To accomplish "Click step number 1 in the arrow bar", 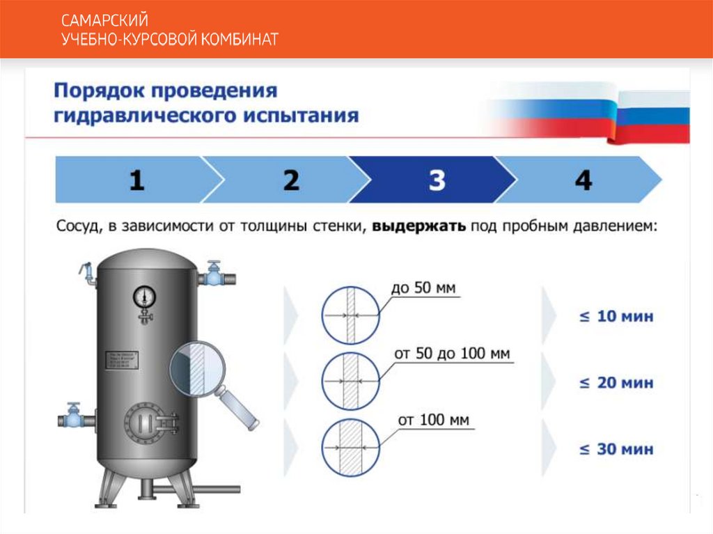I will coord(136,181).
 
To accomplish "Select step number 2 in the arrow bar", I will coord(291,181).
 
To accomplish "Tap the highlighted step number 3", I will coord(437,181).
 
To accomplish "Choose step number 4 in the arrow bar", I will coord(583,181).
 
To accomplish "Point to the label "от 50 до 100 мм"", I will coord(453,354).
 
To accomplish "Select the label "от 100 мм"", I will coord(433,421).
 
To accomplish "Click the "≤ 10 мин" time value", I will coord(617,317).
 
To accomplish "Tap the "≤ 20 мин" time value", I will coord(617,383).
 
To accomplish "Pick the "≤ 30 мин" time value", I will coord(617,449).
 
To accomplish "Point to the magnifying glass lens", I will coord(196,366).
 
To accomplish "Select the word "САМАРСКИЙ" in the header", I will coord(104,22).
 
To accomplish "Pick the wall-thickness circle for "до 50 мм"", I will coord(350,315).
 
